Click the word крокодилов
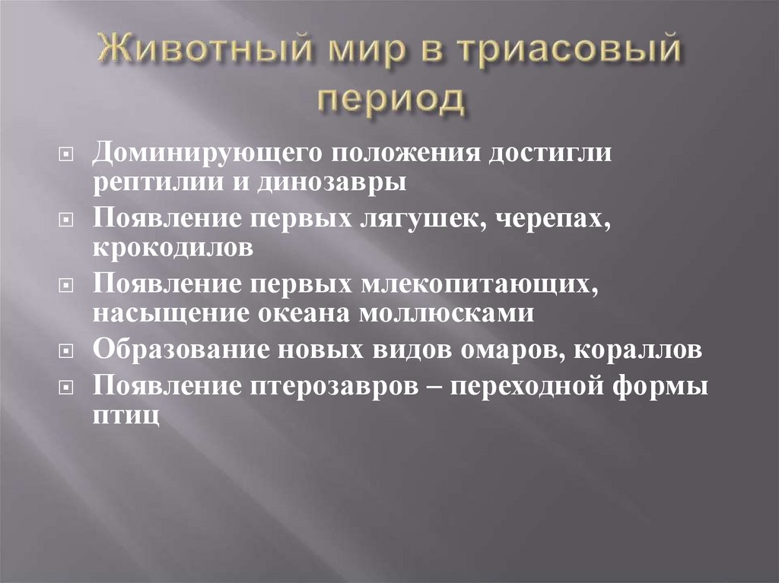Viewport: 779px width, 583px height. click(x=173, y=248)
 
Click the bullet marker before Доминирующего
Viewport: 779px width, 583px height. click(x=66, y=154)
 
